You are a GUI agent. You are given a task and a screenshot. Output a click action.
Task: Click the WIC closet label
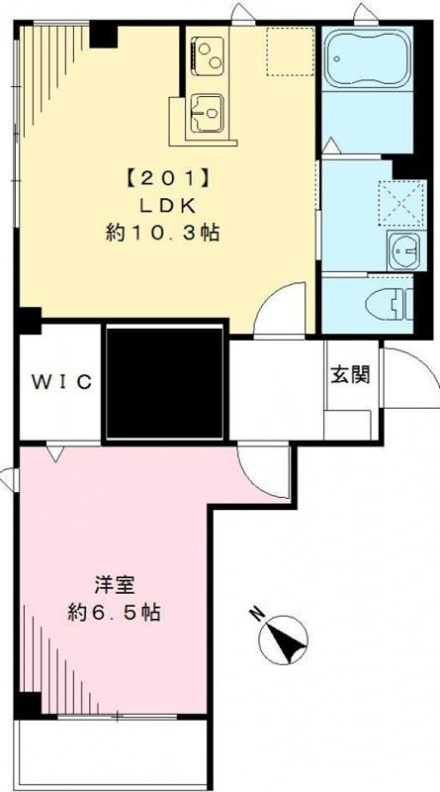click(x=60, y=382)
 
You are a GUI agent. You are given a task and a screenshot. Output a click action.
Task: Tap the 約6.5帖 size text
click(x=115, y=613)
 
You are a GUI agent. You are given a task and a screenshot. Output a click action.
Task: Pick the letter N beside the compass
click(x=256, y=613)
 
